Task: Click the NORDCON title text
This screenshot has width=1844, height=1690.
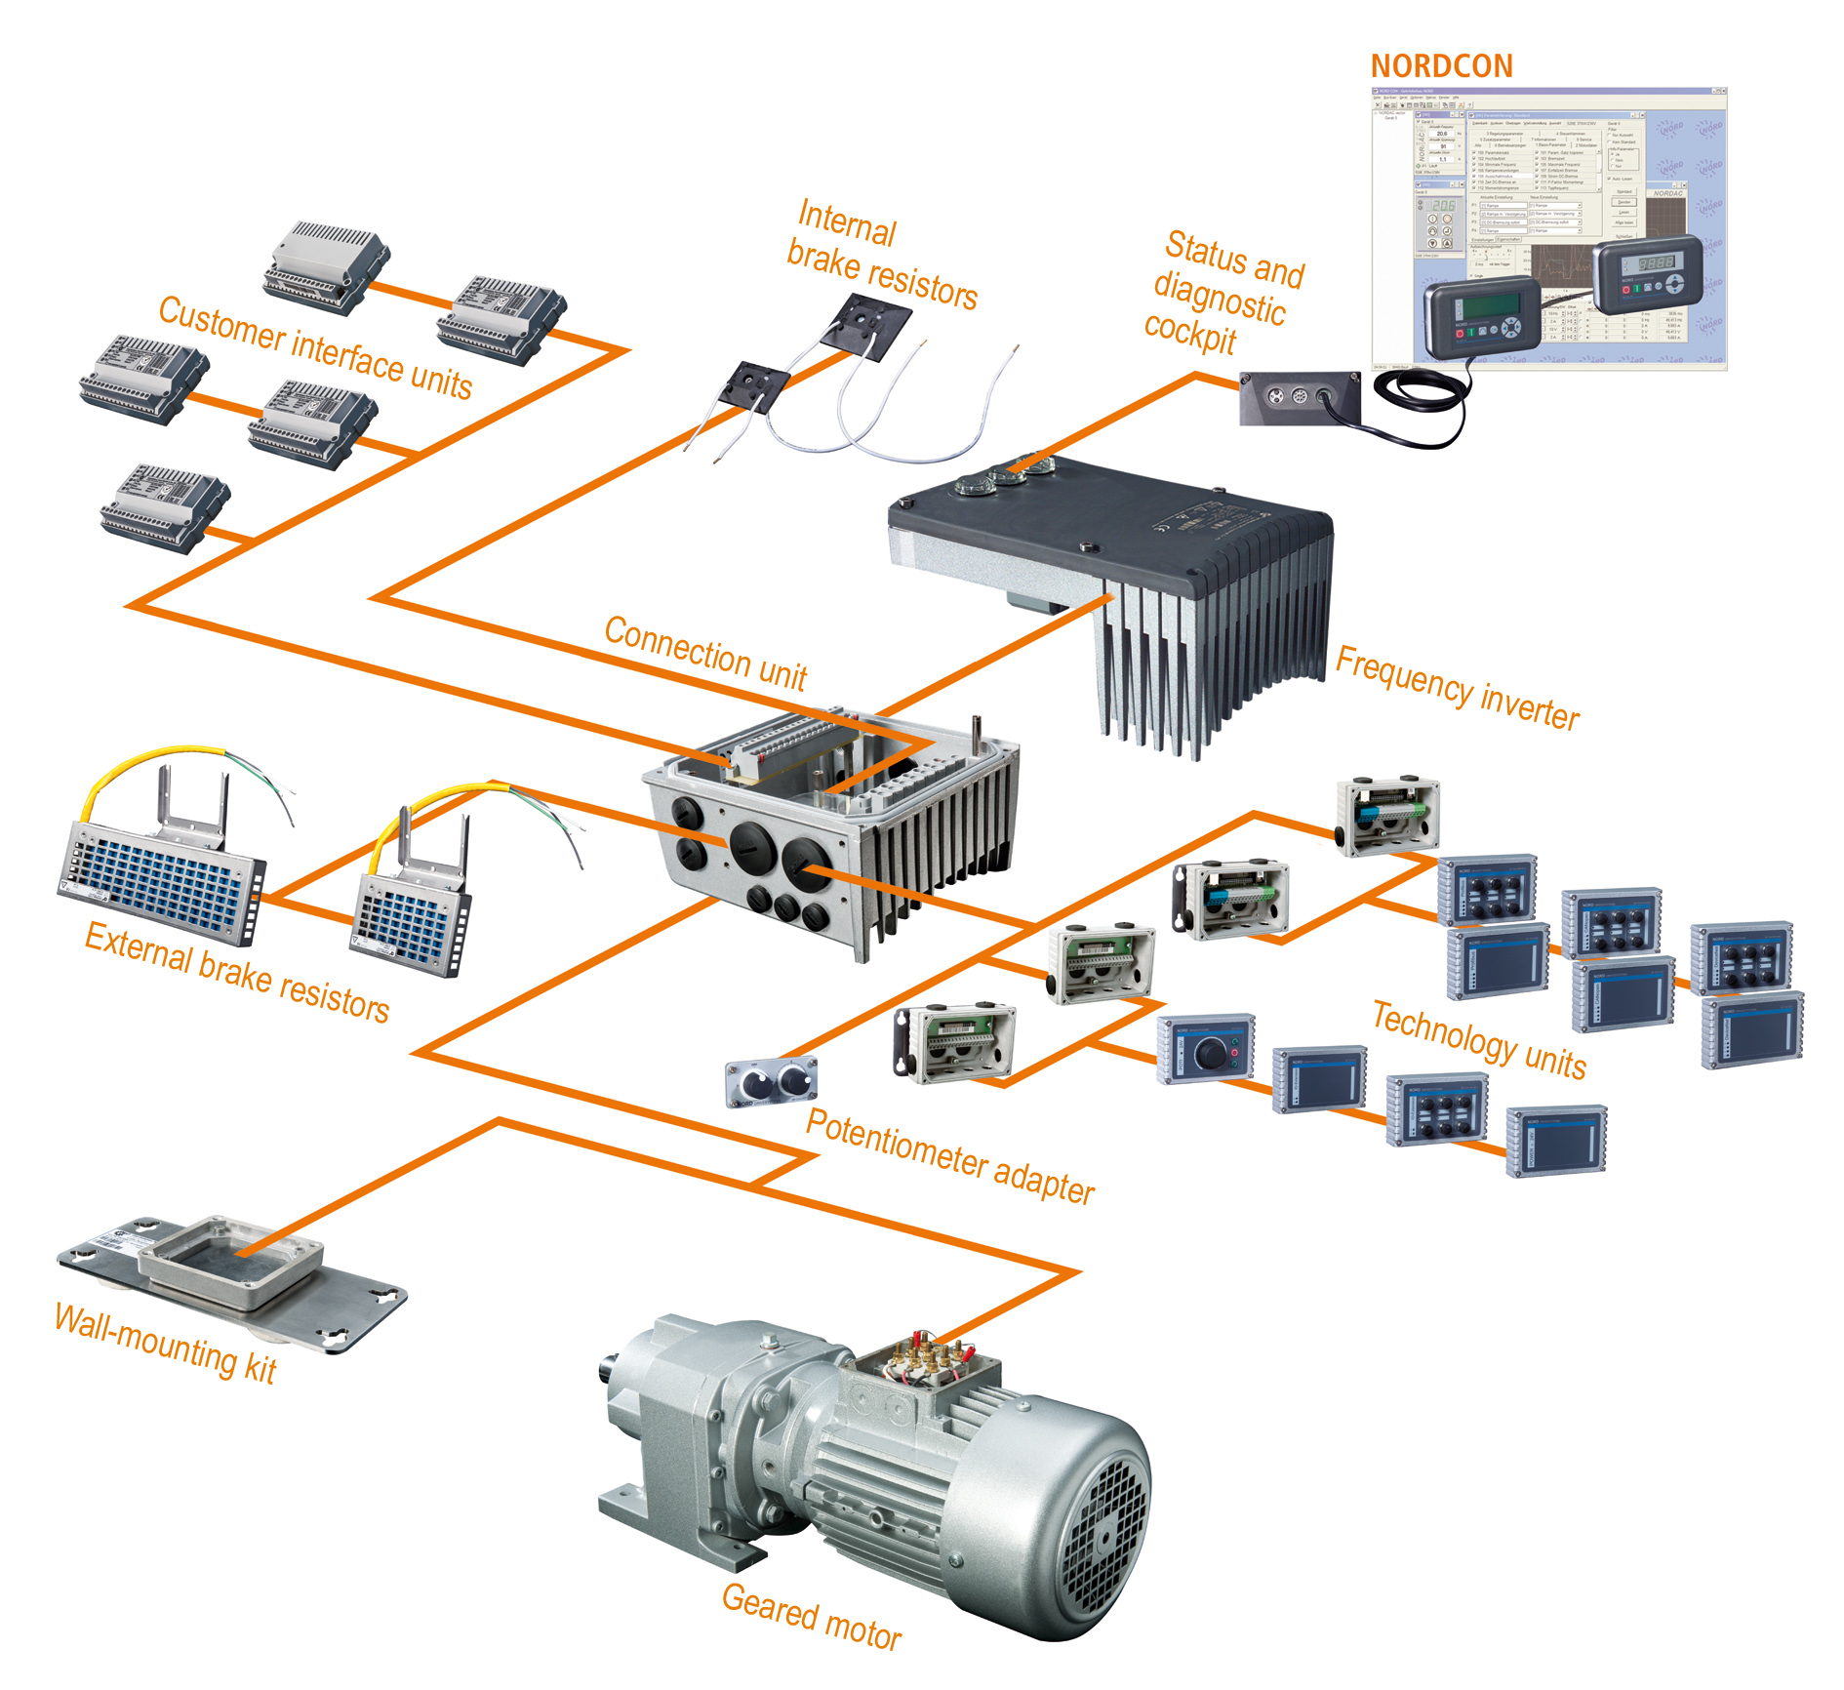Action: click(1441, 66)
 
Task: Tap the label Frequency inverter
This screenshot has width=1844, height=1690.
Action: click(1457, 689)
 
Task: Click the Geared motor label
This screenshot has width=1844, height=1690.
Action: click(811, 1617)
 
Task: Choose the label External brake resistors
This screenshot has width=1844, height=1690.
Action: click(237, 972)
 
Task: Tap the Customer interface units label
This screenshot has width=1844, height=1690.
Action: click(315, 347)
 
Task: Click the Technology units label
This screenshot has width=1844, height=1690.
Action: click(1478, 1040)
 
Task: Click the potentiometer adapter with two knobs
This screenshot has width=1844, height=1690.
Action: click(771, 1082)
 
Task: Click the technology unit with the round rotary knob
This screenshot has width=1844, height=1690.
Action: click(1205, 1048)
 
